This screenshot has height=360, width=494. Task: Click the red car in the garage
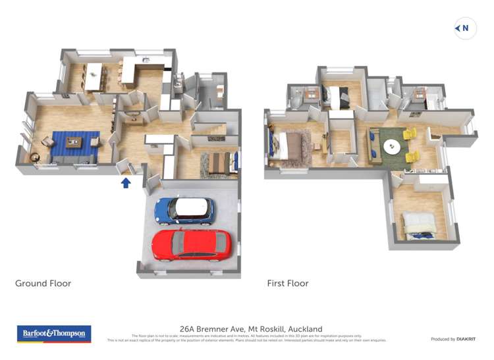[192, 244]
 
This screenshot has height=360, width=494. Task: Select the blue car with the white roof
[184, 210]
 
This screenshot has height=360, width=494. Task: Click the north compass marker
[465, 28]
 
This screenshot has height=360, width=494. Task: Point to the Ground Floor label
[43, 284]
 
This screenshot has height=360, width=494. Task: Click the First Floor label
[287, 284]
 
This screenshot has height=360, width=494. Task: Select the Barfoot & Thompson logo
[54, 334]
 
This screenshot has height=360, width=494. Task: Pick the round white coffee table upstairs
[392, 147]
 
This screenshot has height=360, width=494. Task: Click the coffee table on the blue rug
[74, 141]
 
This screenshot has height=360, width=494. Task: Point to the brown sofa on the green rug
[373, 145]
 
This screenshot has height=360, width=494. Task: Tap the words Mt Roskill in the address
[266, 328]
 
